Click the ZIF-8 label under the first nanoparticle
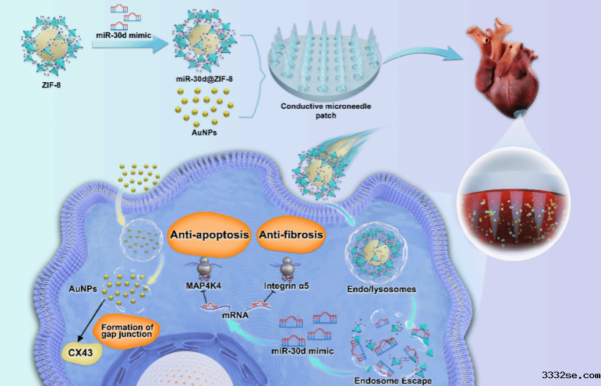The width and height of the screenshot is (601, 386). point(51,85)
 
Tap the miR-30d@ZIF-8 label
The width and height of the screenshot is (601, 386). point(204,79)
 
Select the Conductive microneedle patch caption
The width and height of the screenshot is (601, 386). point(326,110)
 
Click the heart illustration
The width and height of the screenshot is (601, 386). point(503,67)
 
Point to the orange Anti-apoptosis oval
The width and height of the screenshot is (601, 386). point(209,235)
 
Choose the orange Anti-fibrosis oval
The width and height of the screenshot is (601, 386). point(291,235)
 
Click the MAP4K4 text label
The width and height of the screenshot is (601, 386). point(203,286)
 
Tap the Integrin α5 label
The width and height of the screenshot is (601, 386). point(286,286)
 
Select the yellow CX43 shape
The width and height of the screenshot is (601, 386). point(81,351)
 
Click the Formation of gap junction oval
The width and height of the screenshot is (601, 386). point(127,331)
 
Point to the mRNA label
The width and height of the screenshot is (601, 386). point(235,315)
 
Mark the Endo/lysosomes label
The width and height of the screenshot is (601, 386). point(381,289)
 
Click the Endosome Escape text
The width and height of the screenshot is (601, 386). point(393,381)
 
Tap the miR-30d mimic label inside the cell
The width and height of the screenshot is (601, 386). point(302,351)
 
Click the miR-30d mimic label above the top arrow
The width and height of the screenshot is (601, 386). point(123,35)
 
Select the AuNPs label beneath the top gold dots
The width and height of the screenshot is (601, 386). point(204,132)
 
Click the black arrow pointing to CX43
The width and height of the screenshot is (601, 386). point(91,320)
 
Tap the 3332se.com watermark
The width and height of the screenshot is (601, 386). point(571,375)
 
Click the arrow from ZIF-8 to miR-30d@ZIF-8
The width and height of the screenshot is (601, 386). point(130,45)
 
